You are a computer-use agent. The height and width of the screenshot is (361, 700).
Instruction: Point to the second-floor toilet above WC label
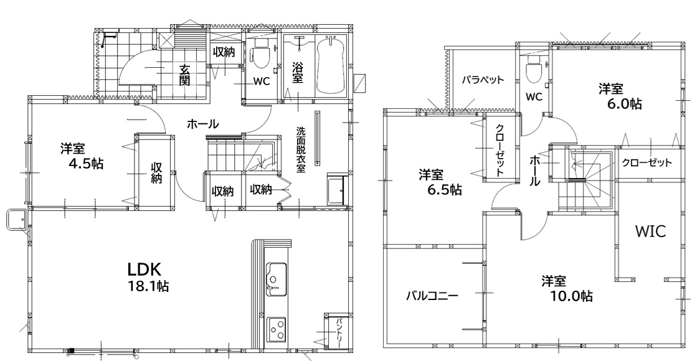(x=534, y=69)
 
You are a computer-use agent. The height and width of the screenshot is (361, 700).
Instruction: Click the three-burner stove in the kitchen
(x=277, y=329)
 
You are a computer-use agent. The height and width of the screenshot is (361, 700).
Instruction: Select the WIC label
(x=650, y=231)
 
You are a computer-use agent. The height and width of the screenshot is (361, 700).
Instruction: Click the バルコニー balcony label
(x=432, y=296)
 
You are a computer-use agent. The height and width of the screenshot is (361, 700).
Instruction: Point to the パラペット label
(x=483, y=80)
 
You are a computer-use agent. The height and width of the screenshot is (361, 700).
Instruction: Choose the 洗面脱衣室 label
(x=301, y=150)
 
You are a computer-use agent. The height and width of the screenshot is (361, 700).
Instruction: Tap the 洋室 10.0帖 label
(x=567, y=288)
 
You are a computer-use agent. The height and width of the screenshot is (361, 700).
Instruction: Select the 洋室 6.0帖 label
(x=620, y=96)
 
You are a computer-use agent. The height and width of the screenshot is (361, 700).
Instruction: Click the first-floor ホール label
(x=202, y=124)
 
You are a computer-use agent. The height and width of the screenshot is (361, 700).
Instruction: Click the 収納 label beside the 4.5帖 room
(x=156, y=173)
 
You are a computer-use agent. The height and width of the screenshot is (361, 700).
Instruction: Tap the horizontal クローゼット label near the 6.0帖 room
(x=646, y=162)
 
